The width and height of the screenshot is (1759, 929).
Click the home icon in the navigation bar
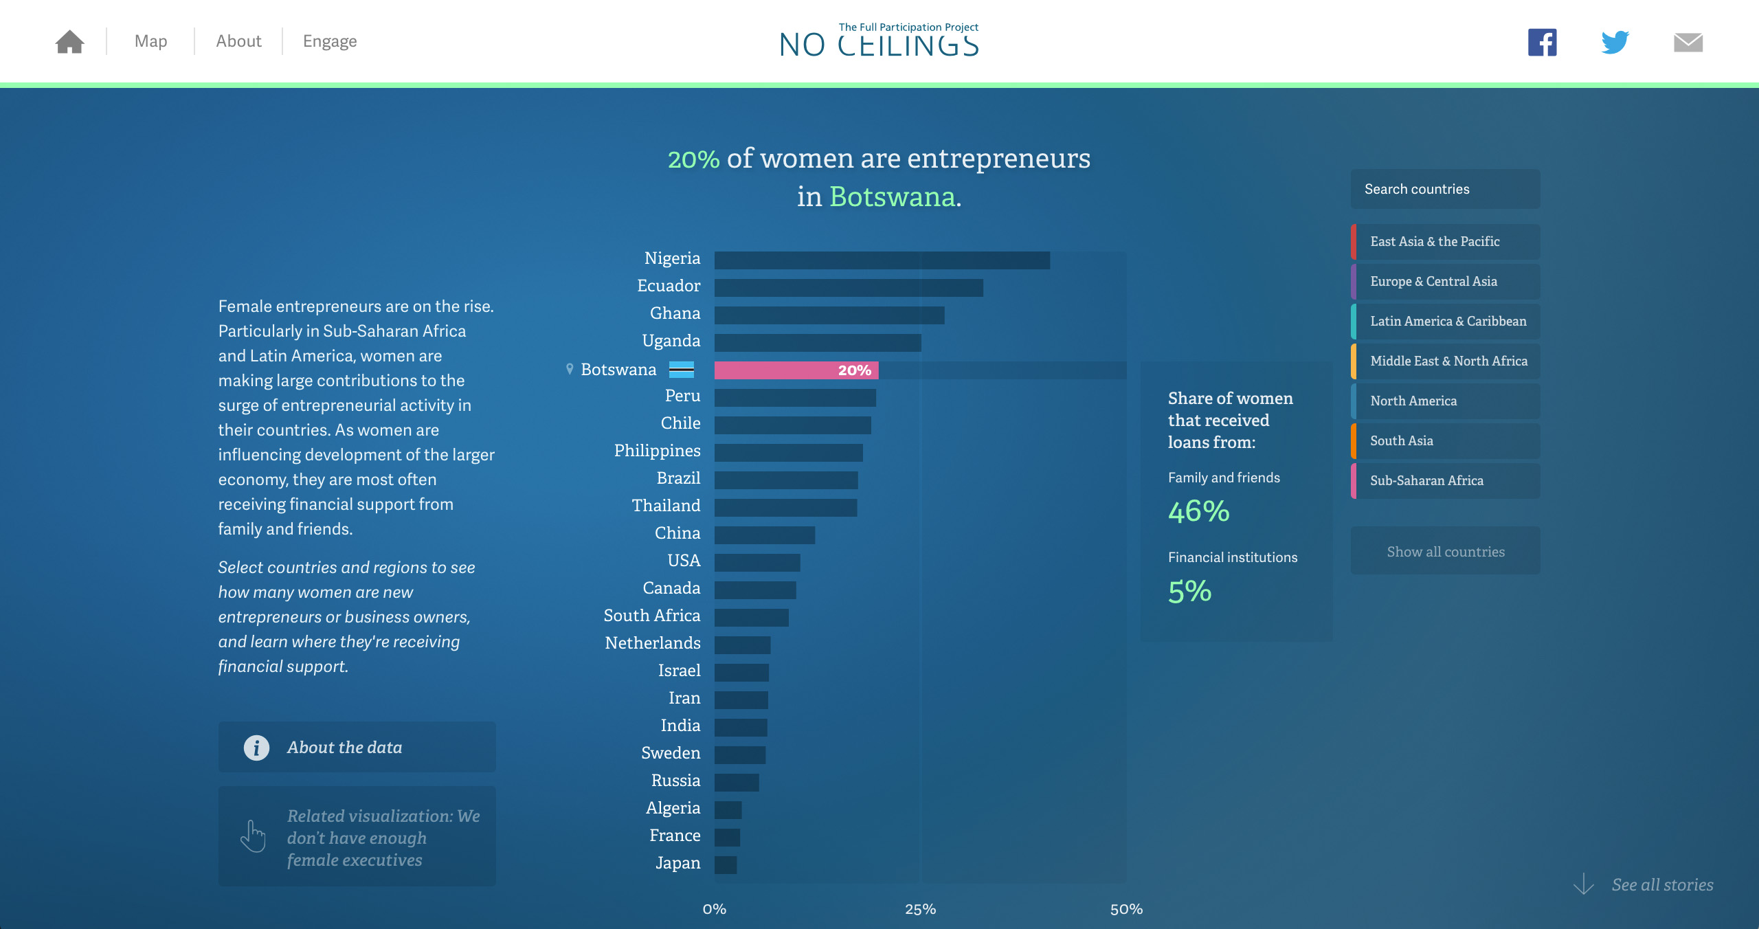(x=69, y=42)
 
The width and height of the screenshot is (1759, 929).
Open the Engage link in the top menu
(x=330, y=41)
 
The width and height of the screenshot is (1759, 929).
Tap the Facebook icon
(x=1542, y=43)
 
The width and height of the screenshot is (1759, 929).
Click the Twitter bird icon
(x=1615, y=43)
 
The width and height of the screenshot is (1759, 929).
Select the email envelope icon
(x=1688, y=43)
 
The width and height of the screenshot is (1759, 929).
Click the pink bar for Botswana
(x=796, y=370)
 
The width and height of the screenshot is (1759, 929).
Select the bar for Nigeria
(x=882, y=260)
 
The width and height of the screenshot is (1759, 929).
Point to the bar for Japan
(x=726, y=865)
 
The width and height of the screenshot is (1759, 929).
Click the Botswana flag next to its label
(x=681, y=370)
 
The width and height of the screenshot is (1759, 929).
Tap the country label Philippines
(x=657, y=451)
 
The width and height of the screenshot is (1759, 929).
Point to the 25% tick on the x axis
(x=920, y=909)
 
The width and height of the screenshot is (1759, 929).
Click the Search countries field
(x=1444, y=189)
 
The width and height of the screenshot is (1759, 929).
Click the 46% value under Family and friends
(x=1198, y=511)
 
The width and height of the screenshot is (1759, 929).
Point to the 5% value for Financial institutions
(x=1189, y=591)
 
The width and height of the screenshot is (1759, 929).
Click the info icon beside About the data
(x=256, y=748)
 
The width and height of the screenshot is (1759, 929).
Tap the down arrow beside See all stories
(x=1583, y=884)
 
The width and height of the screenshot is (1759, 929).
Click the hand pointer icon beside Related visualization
(x=253, y=836)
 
